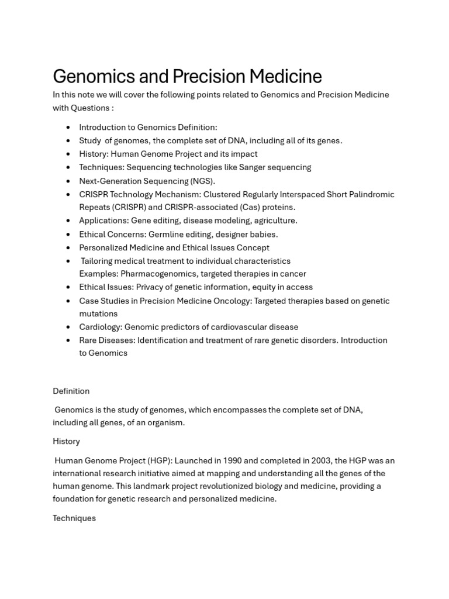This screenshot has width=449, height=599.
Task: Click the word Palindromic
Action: (371, 194)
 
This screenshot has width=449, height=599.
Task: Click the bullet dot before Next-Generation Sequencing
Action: (68, 181)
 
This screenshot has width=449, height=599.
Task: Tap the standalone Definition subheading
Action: (71, 391)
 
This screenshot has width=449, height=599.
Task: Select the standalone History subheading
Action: (66, 441)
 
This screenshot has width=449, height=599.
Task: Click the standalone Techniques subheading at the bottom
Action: (74, 518)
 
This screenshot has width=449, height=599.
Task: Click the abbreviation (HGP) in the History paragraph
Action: (157, 461)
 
